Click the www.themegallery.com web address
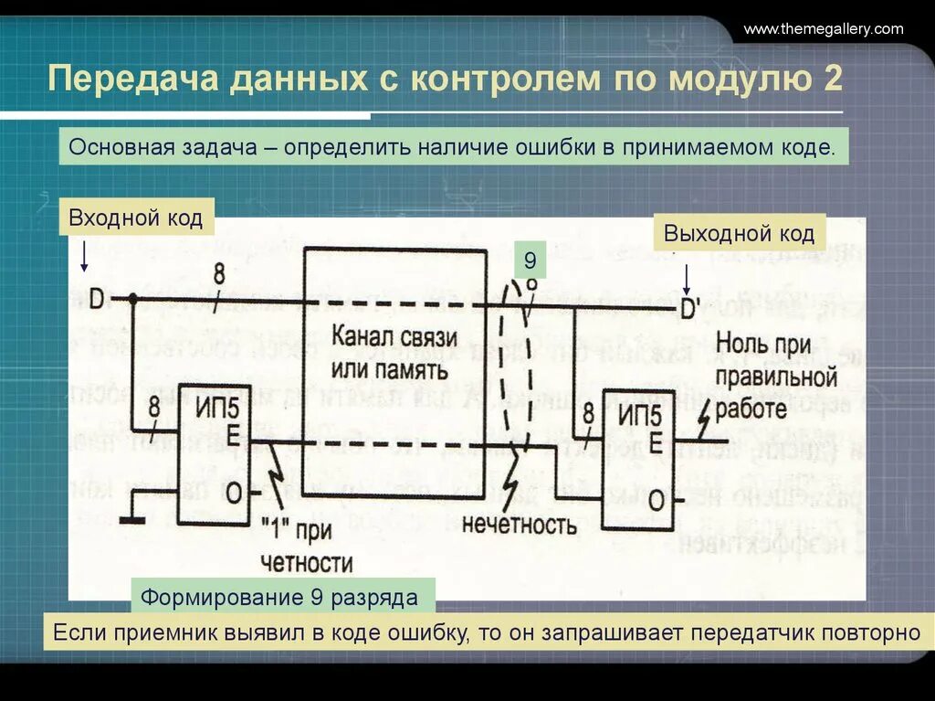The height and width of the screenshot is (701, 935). tap(823, 29)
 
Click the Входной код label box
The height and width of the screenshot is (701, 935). tap(136, 219)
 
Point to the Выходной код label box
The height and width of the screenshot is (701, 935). tap(739, 233)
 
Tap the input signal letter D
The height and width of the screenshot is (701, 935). tap(96, 298)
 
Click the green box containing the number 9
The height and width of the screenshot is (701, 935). tap(529, 262)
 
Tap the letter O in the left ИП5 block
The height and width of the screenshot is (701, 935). tap(234, 494)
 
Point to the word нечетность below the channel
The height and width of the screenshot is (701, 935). tap(519, 525)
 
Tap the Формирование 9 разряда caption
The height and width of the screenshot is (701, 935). tap(278, 599)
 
